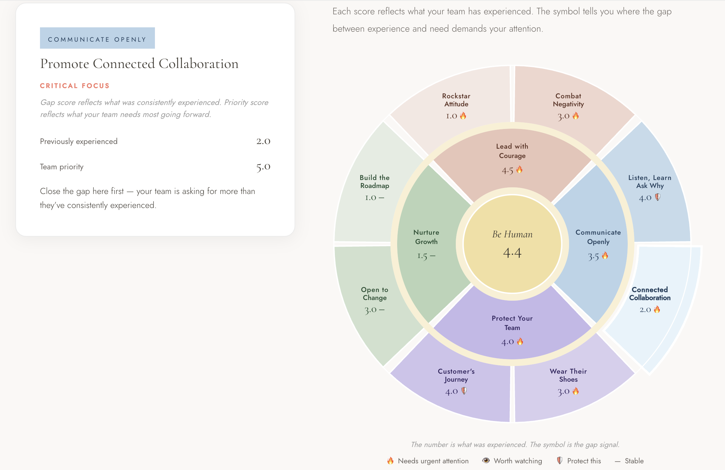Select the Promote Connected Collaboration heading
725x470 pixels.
pos(139,64)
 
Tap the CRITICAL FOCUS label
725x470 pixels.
pos(75,86)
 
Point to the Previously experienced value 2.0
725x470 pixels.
pos(263,141)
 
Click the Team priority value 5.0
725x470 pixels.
pos(263,166)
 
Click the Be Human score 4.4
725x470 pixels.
pos(512,253)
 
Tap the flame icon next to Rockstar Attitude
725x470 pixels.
pos(463,116)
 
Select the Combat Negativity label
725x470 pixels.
pos(568,100)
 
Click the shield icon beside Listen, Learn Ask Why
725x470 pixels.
pos(658,197)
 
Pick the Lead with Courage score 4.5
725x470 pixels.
pos(507,170)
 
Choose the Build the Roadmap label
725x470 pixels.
pos(374,182)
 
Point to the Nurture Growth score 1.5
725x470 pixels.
pos(422,256)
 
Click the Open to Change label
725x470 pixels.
pos(374,294)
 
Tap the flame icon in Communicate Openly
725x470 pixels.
pos(605,256)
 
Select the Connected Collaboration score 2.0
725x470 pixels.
pos(645,310)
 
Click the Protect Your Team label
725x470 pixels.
pos(512,323)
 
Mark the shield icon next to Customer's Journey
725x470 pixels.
pos(464,391)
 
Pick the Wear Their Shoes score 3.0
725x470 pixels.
pos(564,391)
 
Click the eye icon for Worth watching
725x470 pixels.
pos(486,460)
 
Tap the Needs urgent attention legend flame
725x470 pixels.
pos(390,461)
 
